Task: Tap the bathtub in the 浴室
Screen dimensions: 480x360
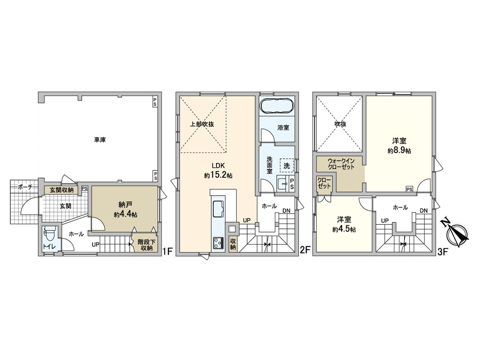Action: point(277,106)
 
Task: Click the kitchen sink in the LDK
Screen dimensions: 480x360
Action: point(218,208)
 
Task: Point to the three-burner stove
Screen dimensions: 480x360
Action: point(218,242)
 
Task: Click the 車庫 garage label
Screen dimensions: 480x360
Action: point(100,140)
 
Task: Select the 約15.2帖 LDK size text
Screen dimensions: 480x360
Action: point(218,175)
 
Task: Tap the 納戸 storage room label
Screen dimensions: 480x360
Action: point(125,204)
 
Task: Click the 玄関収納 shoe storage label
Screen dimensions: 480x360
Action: point(61,190)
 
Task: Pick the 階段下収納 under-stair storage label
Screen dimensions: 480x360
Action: point(146,245)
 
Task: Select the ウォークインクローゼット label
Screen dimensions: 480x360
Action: point(341,164)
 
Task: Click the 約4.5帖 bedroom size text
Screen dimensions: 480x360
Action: point(344,229)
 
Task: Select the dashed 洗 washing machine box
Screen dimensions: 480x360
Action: point(286,166)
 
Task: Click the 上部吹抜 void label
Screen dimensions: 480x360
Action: point(202,124)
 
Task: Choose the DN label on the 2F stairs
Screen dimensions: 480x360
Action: point(286,211)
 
